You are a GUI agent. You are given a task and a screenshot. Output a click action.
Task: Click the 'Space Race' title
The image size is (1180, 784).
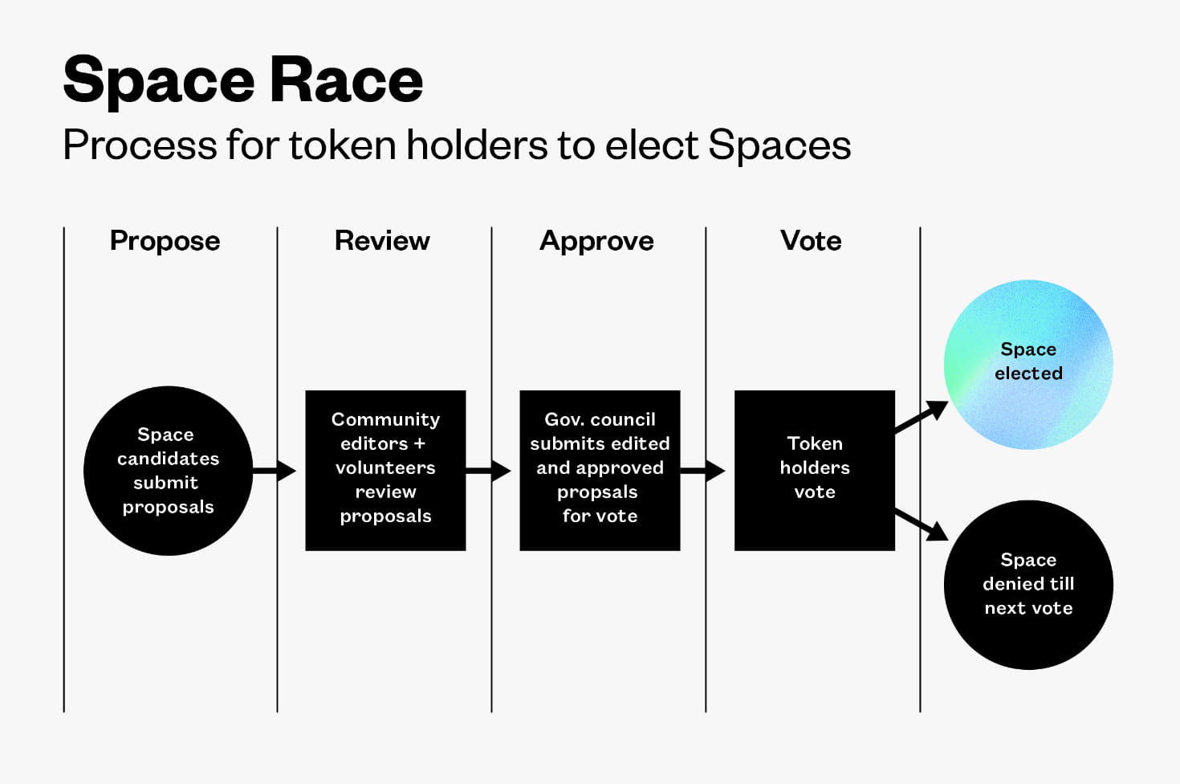coord(242,80)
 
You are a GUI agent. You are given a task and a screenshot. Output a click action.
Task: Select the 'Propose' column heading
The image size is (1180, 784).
coord(165,241)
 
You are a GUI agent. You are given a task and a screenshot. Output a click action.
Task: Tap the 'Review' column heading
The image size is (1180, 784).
coord(382,241)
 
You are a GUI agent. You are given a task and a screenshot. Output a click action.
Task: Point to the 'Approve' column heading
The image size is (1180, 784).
coord(596,241)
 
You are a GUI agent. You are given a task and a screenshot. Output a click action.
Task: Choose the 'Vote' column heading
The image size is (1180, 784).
coord(811,241)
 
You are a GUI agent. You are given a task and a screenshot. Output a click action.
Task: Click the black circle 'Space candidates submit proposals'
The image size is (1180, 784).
coord(168,471)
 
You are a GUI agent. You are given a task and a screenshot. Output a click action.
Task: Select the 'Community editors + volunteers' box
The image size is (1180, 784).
coord(385,471)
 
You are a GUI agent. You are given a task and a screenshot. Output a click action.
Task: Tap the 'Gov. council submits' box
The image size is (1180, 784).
coord(600,471)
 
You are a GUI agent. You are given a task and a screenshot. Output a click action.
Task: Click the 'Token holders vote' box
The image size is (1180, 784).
coord(815,471)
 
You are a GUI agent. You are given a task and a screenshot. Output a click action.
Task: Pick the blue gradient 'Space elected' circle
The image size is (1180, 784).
coord(1028,364)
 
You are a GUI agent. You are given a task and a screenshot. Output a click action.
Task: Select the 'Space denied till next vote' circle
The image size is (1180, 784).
coord(1028,585)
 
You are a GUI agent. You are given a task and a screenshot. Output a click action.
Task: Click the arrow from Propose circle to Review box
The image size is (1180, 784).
coord(275,471)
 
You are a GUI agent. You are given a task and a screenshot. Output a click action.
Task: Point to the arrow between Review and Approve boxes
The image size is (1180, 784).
coord(489,471)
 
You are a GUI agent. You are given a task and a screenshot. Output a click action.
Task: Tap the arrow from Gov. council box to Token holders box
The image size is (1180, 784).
coord(703,471)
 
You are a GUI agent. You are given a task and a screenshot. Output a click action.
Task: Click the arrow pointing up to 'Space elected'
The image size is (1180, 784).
coord(922,417)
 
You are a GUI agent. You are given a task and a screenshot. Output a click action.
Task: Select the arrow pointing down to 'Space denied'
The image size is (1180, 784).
coord(922,525)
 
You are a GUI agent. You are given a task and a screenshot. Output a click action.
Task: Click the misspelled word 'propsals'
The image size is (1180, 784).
coord(597,492)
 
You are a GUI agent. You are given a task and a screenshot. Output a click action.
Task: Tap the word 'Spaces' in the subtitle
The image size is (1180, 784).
coord(779,145)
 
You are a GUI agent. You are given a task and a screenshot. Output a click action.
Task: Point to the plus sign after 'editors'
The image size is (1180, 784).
coord(419,443)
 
